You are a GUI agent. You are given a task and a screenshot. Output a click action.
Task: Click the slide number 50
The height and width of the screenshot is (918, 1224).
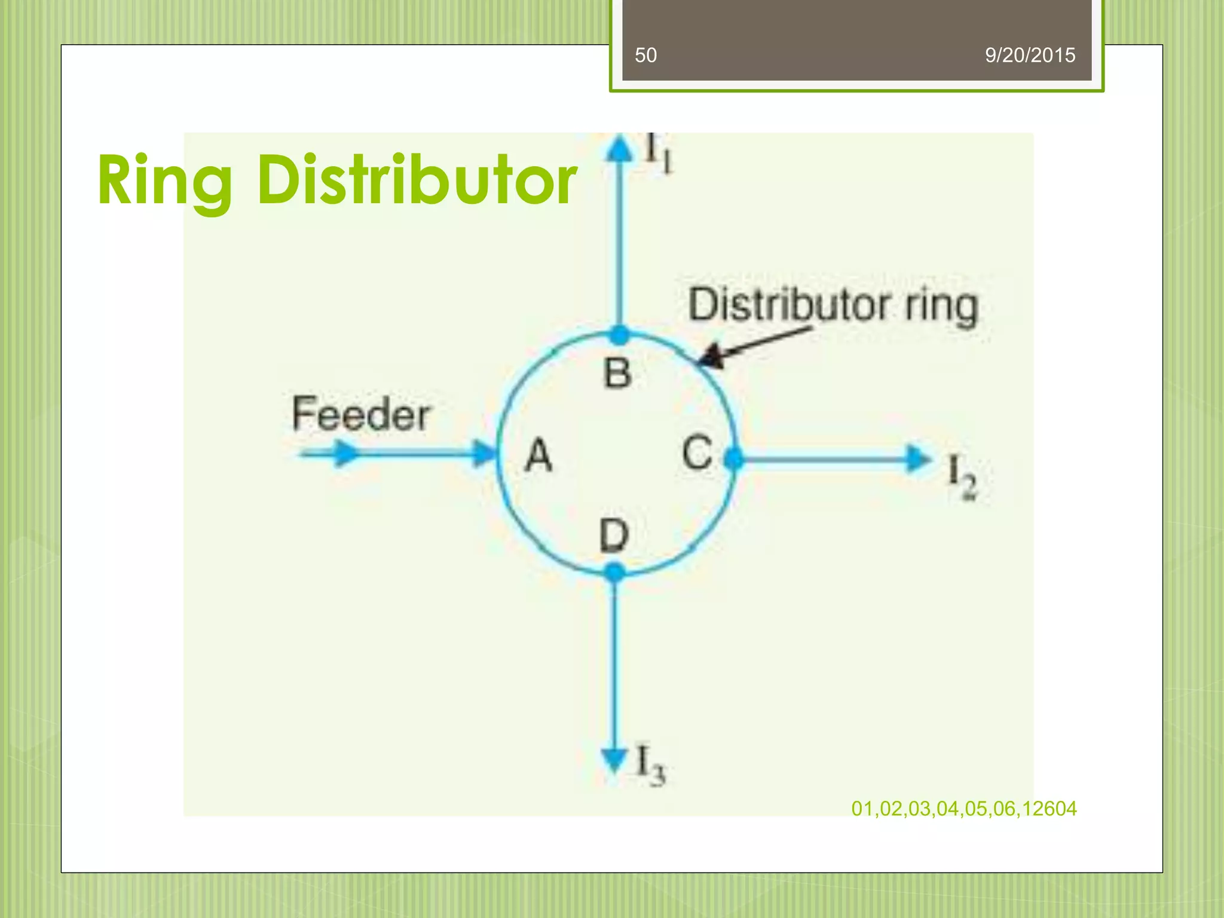(x=645, y=56)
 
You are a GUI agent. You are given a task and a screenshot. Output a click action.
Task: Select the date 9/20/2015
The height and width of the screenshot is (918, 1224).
(x=1030, y=56)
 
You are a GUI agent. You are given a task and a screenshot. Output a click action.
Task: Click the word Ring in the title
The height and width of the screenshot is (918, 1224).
(x=164, y=180)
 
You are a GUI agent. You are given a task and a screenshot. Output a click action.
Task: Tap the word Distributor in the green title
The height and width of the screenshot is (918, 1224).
(x=417, y=179)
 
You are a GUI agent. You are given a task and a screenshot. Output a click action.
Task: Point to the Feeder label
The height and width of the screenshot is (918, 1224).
(x=360, y=414)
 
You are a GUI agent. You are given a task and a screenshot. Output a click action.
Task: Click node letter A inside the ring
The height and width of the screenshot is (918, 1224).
(x=538, y=455)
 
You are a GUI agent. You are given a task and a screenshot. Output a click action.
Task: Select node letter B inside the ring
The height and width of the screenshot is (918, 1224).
(x=617, y=374)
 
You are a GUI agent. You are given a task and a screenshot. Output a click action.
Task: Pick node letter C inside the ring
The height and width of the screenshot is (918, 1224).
(x=697, y=453)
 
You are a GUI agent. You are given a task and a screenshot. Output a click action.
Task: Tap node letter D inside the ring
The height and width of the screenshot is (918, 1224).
(x=614, y=535)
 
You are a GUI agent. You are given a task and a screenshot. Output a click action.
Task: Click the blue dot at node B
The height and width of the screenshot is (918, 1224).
(x=620, y=335)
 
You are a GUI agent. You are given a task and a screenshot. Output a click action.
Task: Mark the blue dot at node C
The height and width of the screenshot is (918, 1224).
(x=733, y=459)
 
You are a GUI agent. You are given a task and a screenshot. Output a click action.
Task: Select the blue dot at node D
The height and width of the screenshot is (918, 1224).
(x=614, y=573)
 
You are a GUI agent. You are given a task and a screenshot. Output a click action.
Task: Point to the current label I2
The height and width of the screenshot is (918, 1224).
(x=962, y=478)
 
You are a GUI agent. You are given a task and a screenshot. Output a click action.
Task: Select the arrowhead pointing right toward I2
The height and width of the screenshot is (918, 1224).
(x=917, y=459)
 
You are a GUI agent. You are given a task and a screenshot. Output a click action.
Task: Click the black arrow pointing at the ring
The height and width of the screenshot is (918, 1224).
(x=753, y=345)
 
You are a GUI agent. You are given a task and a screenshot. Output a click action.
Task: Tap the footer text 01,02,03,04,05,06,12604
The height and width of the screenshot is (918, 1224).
(x=963, y=809)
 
